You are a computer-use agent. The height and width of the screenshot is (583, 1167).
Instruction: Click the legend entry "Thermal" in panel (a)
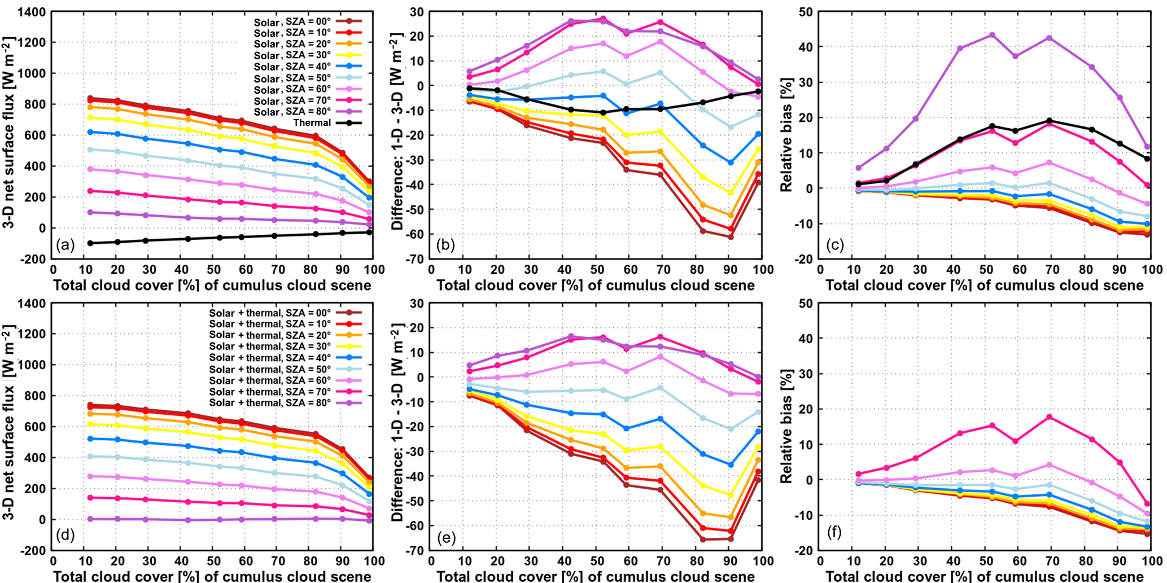pyautogui.click(x=312, y=123)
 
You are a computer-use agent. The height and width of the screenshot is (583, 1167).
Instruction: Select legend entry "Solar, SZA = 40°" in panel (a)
pyautogui.click(x=291, y=67)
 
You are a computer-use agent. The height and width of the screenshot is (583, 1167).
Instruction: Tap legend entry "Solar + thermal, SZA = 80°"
pyautogui.click(x=270, y=403)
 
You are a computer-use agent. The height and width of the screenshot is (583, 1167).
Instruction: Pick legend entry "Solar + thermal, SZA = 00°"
pyautogui.click(x=270, y=312)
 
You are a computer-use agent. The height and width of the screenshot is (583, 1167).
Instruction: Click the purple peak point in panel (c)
pyautogui.click(x=992, y=35)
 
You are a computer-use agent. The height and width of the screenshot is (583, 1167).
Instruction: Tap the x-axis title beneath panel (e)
pyautogui.click(x=595, y=576)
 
